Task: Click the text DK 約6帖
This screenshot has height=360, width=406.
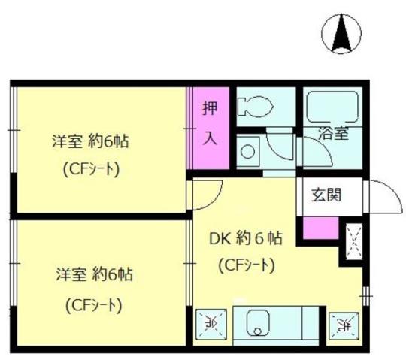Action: click(x=246, y=240)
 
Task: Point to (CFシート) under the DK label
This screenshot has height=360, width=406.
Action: click(x=245, y=265)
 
